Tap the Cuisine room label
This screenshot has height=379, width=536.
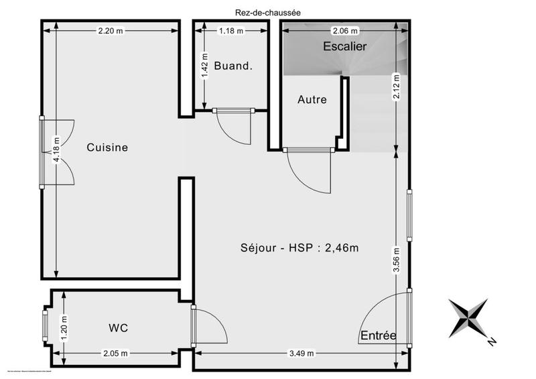[107, 148]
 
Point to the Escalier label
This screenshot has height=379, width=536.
[344, 47]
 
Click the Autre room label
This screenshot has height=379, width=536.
[312, 100]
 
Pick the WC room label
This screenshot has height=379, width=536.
[118, 328]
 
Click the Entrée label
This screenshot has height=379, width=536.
[379, 335]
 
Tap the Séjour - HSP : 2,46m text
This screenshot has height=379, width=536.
[299, 248]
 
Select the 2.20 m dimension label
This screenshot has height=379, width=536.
[110, 31]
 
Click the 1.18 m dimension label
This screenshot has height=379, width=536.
[231, 31]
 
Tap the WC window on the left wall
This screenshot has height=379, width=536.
[46, 326]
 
